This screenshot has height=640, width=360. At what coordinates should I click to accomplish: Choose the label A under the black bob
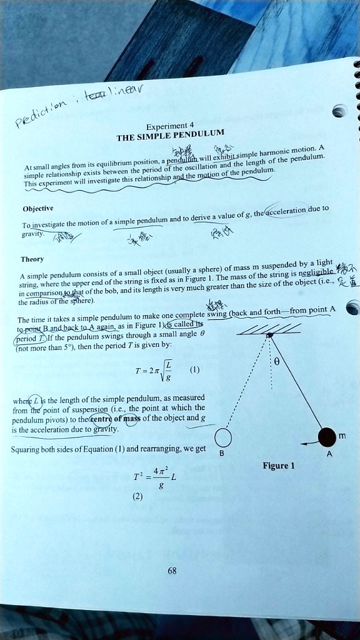[x=329, y=455]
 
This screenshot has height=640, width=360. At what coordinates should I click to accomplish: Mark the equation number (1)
[x=195, y=369]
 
